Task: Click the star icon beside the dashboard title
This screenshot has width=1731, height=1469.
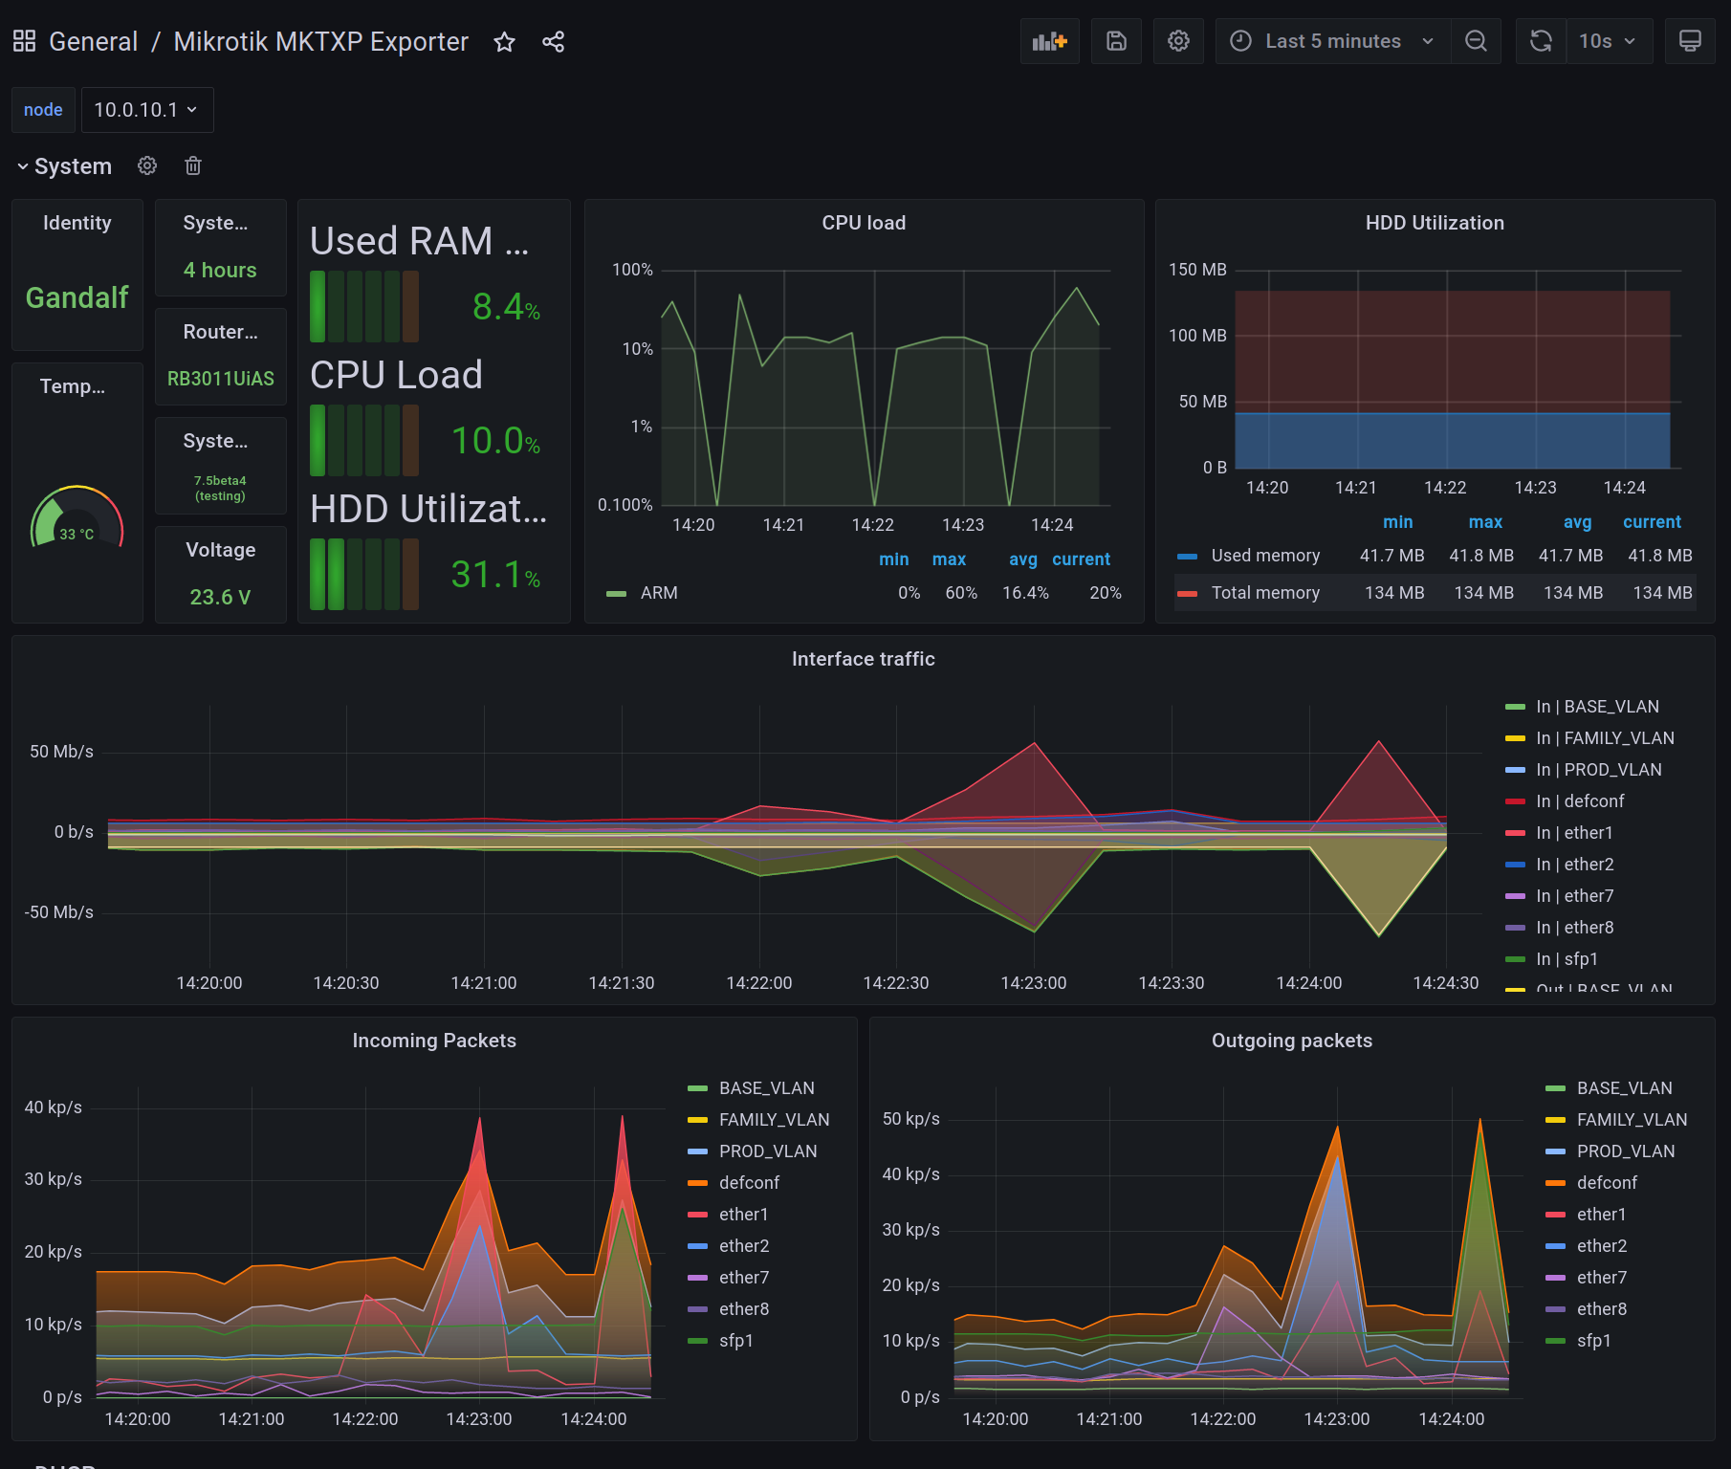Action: (504, 42)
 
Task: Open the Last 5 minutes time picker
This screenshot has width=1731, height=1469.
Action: (1332, 41)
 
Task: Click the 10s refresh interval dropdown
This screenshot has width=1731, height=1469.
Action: (1608, 41)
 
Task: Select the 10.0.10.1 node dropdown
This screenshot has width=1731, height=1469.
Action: (146, 110)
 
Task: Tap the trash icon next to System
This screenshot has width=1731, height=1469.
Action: (193, 166)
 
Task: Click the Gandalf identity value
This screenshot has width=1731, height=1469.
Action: (77, 297)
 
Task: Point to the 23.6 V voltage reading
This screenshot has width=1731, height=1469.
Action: (220, 597)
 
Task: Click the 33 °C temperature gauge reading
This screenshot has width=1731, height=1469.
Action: (77, 534)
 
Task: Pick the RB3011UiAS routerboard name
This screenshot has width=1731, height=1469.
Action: (220, 379)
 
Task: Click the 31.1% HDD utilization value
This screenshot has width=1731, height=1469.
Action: (494, 575)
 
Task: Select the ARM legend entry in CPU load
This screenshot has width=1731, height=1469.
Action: (658, 593)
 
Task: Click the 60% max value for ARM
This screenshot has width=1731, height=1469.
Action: (960, 593)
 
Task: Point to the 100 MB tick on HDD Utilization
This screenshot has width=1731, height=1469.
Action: (1196, 336)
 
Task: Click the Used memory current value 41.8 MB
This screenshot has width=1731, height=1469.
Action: (1659, 556)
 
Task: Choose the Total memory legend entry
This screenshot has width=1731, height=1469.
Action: (1264, 593)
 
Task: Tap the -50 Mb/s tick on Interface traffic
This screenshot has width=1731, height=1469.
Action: (59, 912)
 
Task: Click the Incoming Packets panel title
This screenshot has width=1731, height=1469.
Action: (433, 1041)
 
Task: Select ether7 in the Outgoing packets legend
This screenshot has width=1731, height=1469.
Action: (1601, 1278)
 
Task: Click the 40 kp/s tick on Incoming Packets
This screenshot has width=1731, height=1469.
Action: (54, 1107)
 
